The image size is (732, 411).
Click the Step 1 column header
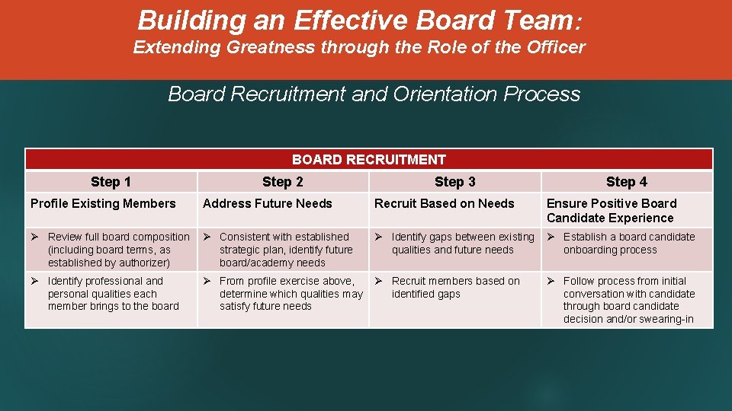pos(111,182)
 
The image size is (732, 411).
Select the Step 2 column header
pos(282,182)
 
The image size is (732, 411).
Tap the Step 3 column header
pos(454,182)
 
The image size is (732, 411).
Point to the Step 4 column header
pos(626,182)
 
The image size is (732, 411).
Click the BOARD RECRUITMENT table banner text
pos(368,160)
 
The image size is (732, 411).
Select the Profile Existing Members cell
pos(103,203)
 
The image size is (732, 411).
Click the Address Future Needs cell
pos(268,203)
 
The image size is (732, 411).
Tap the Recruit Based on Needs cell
pos(444,203)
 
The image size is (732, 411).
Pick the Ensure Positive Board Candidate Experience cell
pos(612,210)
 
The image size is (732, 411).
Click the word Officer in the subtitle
pos(556,47)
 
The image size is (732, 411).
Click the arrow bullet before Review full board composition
pos(34,237)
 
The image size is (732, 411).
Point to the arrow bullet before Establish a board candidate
pos(551,237)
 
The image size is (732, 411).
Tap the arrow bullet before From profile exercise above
pos(207,281)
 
